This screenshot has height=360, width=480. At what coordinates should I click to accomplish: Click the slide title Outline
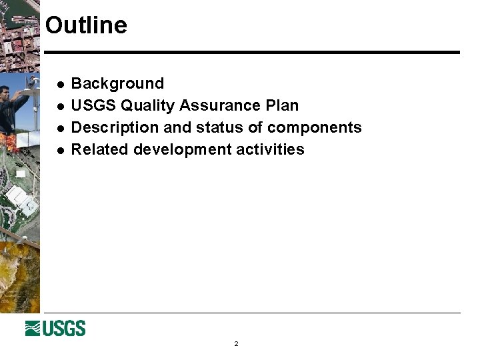point(86,25)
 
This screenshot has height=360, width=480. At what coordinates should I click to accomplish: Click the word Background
point(117,83)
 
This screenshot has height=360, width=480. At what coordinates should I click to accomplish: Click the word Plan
point(282,105)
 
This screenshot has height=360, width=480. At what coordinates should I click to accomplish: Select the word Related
point(100,149)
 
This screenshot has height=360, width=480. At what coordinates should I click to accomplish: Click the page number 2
point(236,344)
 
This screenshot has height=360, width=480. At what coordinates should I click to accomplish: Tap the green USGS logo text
point(65,329)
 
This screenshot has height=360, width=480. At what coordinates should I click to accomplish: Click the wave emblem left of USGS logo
point(34,329)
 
